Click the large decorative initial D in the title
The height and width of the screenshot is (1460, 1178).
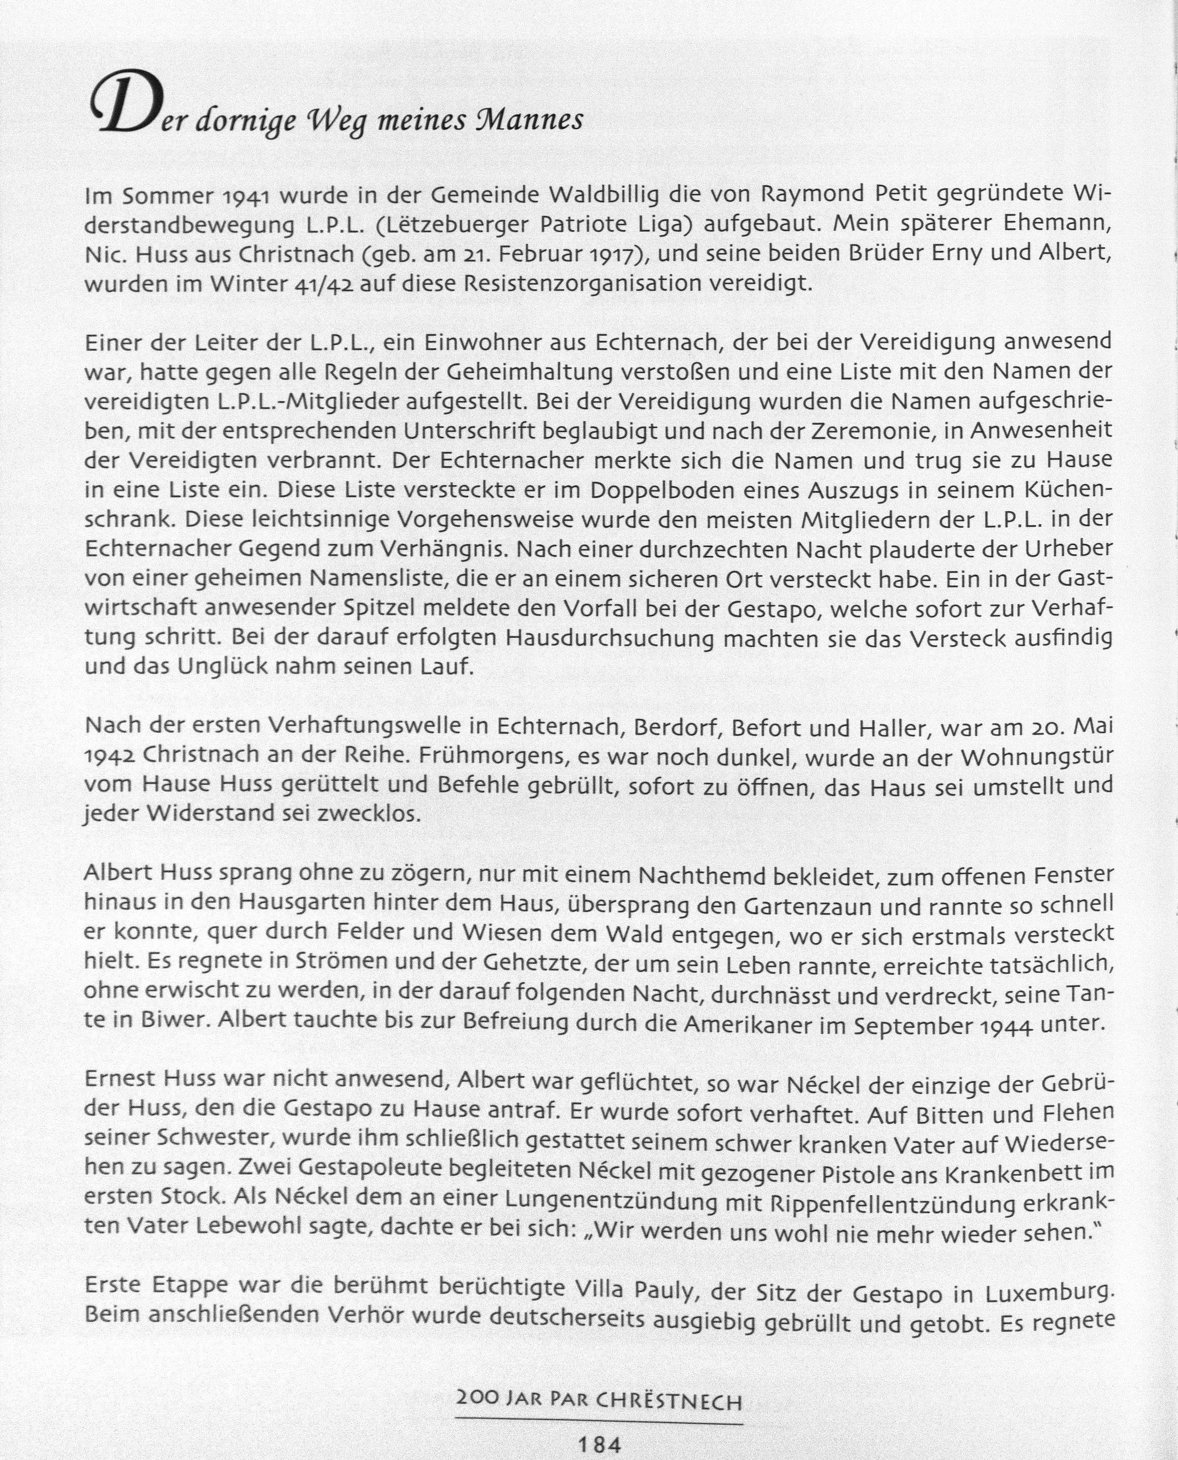point(129,107)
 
